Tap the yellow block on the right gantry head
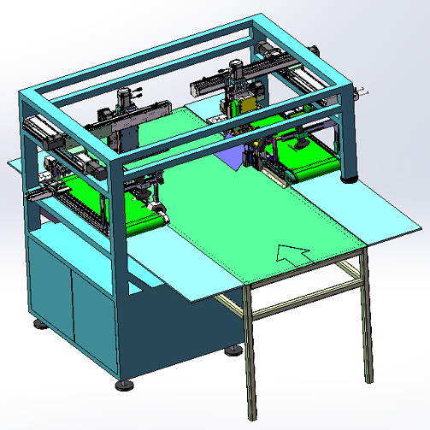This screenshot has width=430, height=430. tap(246, 104)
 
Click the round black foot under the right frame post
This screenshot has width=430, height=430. tap(349, 180)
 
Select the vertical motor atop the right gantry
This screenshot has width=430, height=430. tap(236, 72)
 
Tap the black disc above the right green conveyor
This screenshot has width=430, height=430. tap(301, 142)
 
